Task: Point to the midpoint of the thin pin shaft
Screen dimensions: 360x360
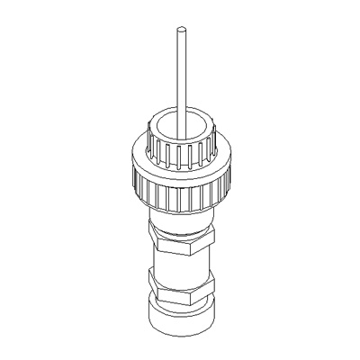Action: pos(179,76)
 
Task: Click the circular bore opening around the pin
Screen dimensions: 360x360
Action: pos(171,121)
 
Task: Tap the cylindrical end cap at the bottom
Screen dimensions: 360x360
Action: pos(179,317)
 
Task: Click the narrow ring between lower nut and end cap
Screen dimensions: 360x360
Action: pos(179,301)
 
